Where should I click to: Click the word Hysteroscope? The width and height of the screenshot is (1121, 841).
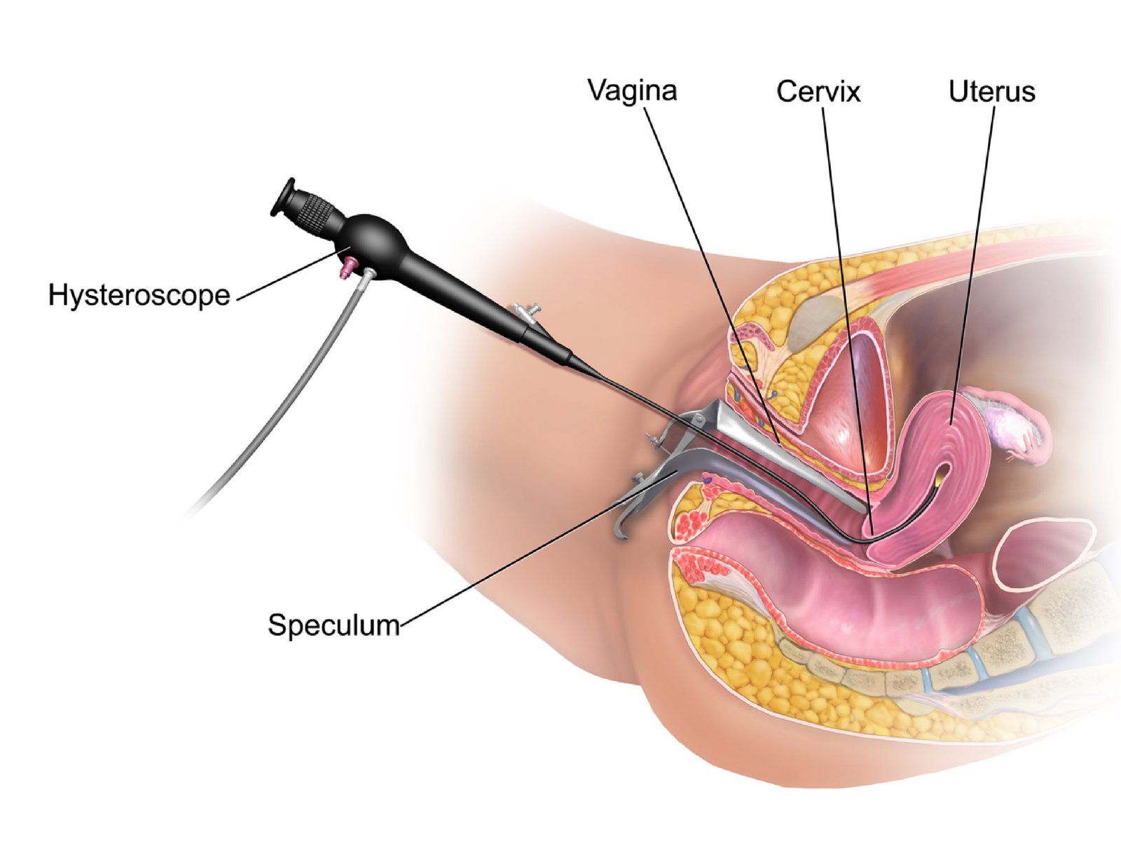pyautogui.click(x=139, y=296)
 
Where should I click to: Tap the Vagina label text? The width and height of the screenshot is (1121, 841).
pyautogui.click(x=632, y=91)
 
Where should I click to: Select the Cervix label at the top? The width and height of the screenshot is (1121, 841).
pyautogui.click(x=818, y=92)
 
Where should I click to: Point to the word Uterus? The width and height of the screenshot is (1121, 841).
pyautogui.click(x=991, y=92)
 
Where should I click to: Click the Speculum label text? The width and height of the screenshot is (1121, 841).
pyautogui.click(x=333, y=624)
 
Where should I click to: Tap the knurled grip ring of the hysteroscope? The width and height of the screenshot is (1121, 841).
pyautogui.click(x=317, y=212)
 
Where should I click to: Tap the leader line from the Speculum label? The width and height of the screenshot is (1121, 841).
pyautogui.click(x=532, y=550)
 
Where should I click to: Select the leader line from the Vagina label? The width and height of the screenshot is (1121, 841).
pyautogui.click(x=708, y=266)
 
